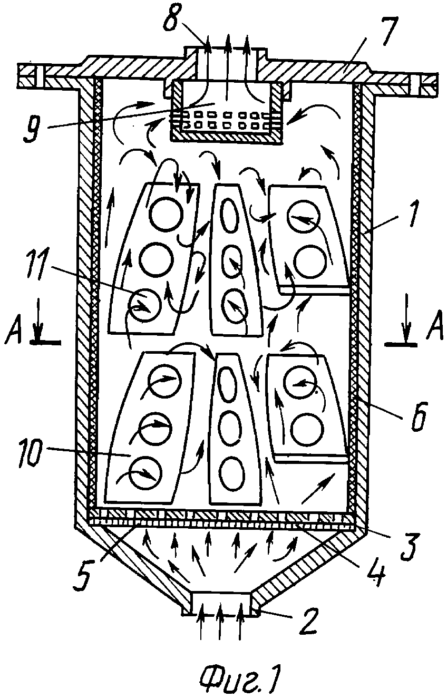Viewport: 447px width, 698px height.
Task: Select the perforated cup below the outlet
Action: [x=227, y=112]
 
